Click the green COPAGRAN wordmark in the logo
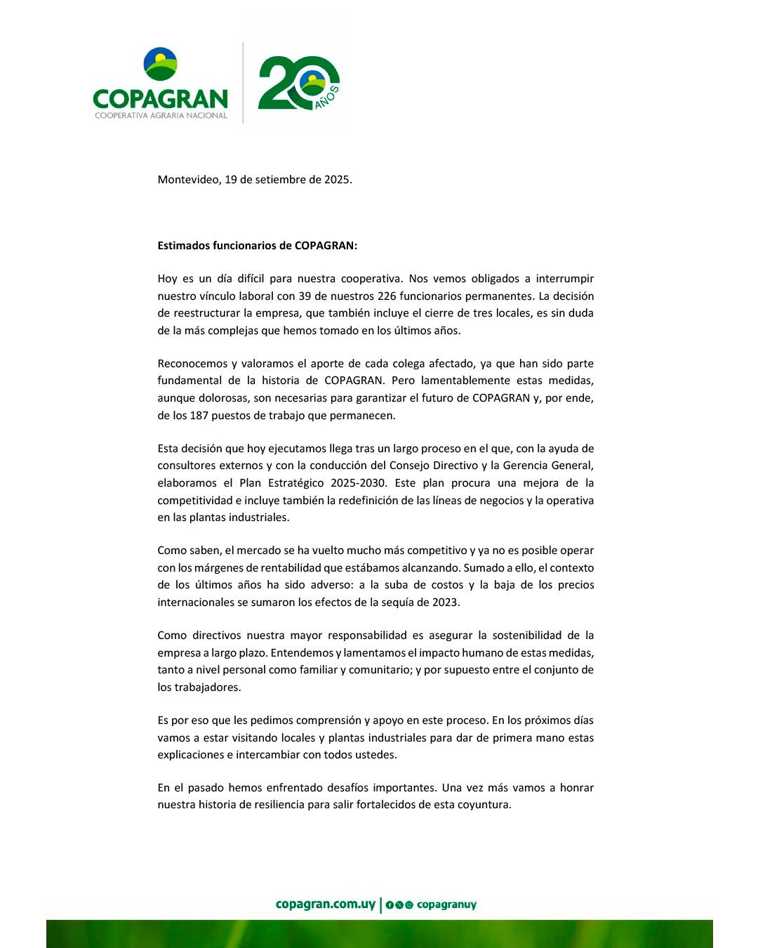pos(160,98)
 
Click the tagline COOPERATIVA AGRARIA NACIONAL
pos(161,115)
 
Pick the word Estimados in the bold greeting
pos(182,246)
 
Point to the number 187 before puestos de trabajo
pos(200,415)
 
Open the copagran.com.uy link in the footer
pos(326,904)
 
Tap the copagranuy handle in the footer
pos(446,905)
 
